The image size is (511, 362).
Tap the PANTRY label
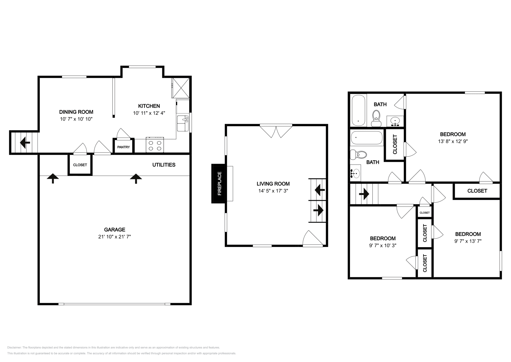pyautogui.click(x=123, y=147)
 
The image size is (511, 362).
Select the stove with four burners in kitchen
pyautogui.click(x=155, y=145)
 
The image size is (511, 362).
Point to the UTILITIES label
pyautogui.click(x=164, y=165)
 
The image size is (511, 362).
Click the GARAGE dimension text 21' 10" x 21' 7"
pyautogui.click(x=115, y=237)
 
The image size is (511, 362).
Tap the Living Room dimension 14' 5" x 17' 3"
pyautogui.click(x=273, y=191)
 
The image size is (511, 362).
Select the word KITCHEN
pyautogui.click(x=149, y=106)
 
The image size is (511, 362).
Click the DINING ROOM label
pyautogui.click(x=76, y=112)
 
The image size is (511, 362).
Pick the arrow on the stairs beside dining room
pyautogui.click(x=25, y=143)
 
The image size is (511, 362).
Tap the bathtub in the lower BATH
pyautogui.click(x=367, y=138)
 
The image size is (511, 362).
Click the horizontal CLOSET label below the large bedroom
pyautogui.click(x=477, y=191)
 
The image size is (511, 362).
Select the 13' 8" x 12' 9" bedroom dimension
pyautogui.click(x=453, y=141)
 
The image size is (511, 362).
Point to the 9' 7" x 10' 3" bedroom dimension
pyautogui.click(x=383, y=245)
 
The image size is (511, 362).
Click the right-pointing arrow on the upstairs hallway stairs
pyautogui.click(x=364, y=194)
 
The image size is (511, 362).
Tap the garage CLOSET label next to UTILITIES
pyautogui.click(x=80, y=165)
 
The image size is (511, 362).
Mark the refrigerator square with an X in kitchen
pyautogui.click(x=181, y=88)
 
